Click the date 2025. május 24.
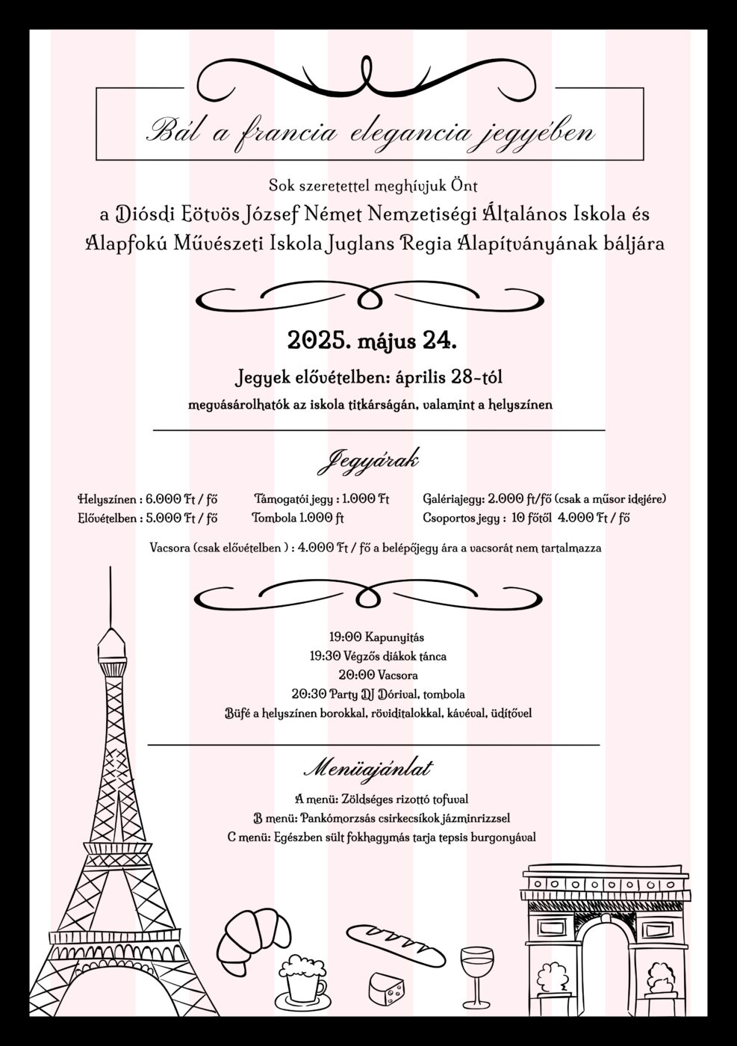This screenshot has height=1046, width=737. (x=372, y=341)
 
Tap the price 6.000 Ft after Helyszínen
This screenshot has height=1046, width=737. (x=165, y=498)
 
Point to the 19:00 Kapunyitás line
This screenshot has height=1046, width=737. (x=366, y=637)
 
